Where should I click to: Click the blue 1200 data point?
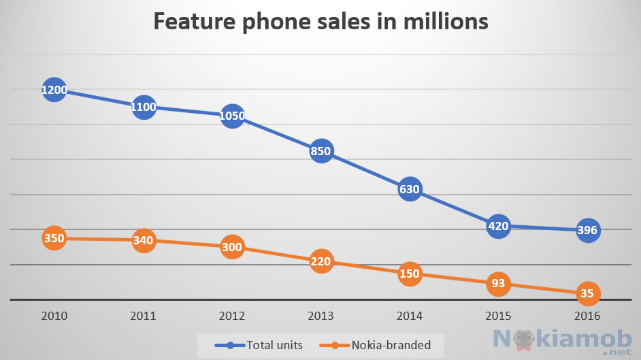[x=54, y=90]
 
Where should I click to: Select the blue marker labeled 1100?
[x=144, y=106]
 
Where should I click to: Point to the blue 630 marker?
[x=410, y=189]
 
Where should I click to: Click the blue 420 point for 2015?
[x=499, y=226]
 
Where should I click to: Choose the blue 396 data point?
[x=587, y=230]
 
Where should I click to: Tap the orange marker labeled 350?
[x=54, y=238]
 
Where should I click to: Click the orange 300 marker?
[x=232, y=247]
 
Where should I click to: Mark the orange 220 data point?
[x=321, y=261]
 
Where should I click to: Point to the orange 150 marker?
[x=410, y=274]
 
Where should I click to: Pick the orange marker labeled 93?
[x=499, y=283]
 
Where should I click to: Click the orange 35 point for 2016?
[x=587, y=294]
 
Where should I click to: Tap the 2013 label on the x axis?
[x=321, y=316]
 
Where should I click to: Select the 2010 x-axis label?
[x=54, y=316]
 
